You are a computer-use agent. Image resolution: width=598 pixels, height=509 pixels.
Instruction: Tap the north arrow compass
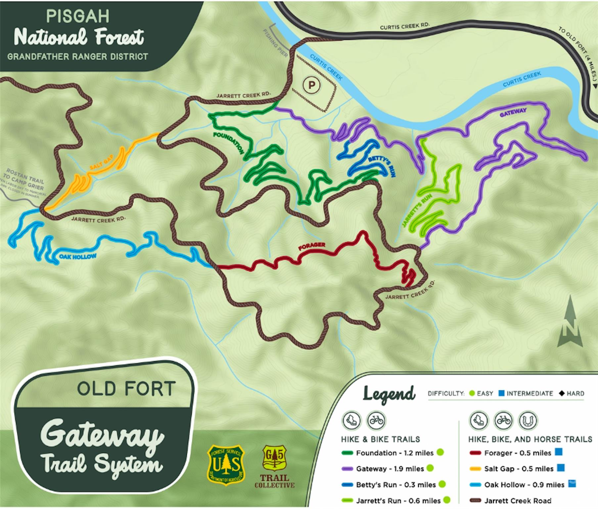coord(570,323)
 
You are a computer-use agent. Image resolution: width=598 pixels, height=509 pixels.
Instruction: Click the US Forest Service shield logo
coord(226,465)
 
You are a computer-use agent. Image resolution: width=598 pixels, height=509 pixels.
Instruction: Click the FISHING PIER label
coord(275,43)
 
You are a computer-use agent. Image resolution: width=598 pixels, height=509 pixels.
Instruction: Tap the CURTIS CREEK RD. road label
coord(404,26)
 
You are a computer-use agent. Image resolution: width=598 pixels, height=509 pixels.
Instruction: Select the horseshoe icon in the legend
coord(528,421)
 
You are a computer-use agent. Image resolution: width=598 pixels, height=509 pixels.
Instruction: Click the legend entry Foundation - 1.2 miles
coord(394,453)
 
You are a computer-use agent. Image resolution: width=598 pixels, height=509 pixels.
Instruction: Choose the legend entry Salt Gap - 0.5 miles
coord(518,469)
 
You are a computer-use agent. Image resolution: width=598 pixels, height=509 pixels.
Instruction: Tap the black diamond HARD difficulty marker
coord(562,393)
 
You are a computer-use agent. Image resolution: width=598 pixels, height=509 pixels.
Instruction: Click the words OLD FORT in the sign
coord(126,389)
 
